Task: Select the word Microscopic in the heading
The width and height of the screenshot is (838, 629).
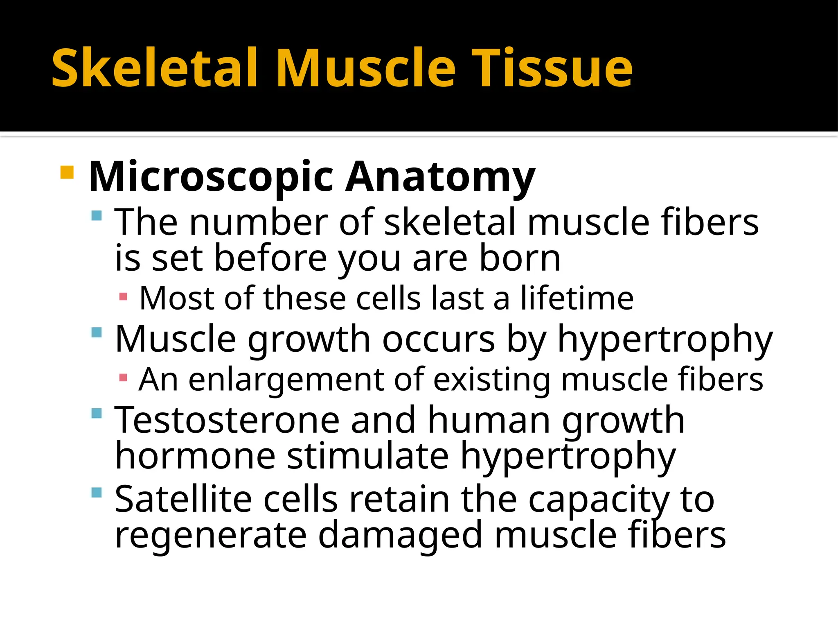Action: [211, 177]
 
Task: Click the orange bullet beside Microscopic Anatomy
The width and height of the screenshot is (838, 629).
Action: [67, 172]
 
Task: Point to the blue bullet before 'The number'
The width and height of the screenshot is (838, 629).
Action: [97, 216]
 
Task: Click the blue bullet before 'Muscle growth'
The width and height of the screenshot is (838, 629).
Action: [97, 332]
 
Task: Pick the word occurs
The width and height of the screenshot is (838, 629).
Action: [438, 339]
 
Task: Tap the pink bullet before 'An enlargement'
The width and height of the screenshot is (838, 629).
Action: [123, 377]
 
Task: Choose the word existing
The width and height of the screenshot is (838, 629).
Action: [492, 380]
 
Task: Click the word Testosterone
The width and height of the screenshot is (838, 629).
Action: [227, 420]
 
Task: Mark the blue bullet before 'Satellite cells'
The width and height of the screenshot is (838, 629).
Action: [97, 492]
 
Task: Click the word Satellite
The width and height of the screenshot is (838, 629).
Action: [183, 499]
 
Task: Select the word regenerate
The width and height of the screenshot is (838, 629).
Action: [211, 535]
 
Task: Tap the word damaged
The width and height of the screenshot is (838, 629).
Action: [400, 535]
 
